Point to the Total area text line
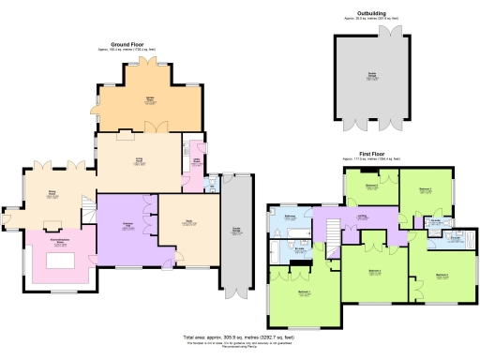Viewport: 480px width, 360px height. coord(239,336)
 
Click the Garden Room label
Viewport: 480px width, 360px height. coord(150,100)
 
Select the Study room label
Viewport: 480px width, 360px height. coord(187,223)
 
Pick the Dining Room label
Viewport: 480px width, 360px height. coord(54,196)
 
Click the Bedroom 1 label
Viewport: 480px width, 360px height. coord(304,292)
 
